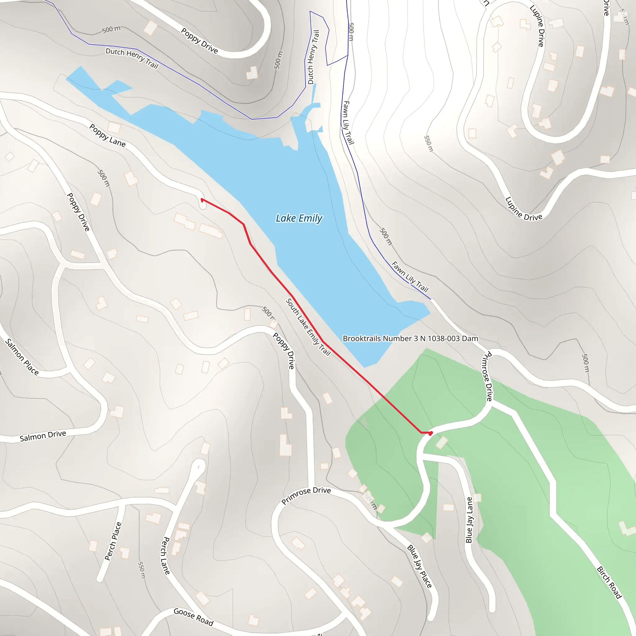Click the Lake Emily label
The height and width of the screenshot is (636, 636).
pyautogui.click(x=299, y=218)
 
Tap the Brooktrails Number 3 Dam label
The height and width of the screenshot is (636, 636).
pyautogui.click(x=410, y=338)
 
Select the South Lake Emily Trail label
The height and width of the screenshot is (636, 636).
pyautogui.click(x=308, y=327)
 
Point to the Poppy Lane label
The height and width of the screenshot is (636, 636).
pyautogui.click(x=107, y=136)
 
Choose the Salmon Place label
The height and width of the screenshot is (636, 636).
pyautogui.click(x=22, y=357)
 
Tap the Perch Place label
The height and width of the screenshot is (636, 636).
pyautogui.click(x=113, y=541)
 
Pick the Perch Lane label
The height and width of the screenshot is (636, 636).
pyautogui.click(x=165, y=556)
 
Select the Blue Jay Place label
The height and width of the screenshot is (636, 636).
pyautogui.click(x=419, y=566)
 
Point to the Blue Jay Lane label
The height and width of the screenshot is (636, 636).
pyautogui.click(x=469, y=520)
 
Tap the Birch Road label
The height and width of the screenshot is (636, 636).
pyautogui.click(x=609, y=582)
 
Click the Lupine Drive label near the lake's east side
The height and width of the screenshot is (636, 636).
pyautogui.click(x=523, y=209)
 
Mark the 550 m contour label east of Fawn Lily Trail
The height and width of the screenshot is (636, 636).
pyautogui.click(x=428, y=143)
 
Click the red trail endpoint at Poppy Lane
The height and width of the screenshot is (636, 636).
pyautogui.click(x=202, y=199)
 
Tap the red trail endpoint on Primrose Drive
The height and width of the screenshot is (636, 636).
pyautogui.click(x=431, y=433)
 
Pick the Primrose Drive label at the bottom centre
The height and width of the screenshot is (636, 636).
pyautogui.click(x=306, y=495)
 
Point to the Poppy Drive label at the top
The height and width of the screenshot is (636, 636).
pyautogui.click(x=199, y=41)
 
